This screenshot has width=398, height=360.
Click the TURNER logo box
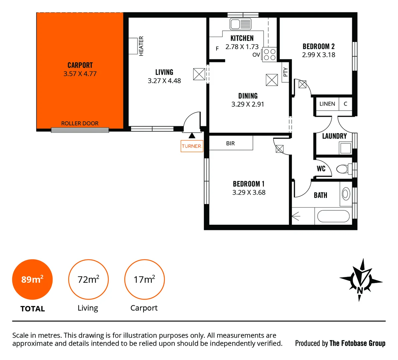pos(191,146)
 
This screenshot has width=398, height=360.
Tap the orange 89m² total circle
pos(32,279)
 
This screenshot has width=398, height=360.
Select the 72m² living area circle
pos(88,279)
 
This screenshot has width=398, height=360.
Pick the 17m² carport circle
pos(144,279)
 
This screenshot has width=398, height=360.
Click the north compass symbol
pos(361,280)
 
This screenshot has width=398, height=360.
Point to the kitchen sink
pos(241,24)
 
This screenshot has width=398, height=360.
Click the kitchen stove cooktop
pos(269,54)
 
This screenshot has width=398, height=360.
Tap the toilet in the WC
pos(343,169)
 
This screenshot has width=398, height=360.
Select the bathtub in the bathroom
pos(333,216)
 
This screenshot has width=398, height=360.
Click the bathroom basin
pos(346,194)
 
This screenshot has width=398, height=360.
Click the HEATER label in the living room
pos(141,46)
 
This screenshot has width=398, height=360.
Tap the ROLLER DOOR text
pos(80,123)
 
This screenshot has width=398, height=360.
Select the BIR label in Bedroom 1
pos(231,143)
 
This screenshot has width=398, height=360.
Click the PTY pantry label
pos(285,72)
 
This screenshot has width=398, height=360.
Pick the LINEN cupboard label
pos(327,104)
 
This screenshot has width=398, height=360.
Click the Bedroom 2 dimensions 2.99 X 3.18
pos(319,55)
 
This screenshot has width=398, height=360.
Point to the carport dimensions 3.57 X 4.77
pos(80,74)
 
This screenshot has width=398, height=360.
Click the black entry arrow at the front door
pos(192,135)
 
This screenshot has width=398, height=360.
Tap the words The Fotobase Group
pos(357,343)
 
